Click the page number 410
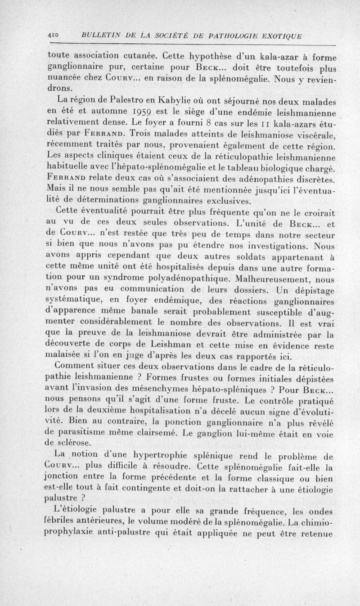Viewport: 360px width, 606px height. click(x=54, y=36)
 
